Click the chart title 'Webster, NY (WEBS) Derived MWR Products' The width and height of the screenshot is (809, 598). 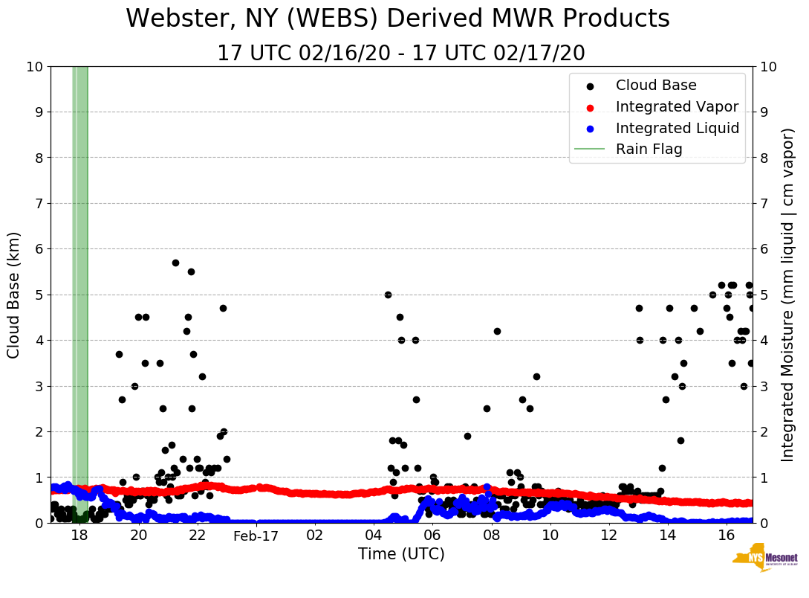click(x=397, y=19)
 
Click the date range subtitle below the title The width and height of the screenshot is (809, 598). click(x=401, y=54)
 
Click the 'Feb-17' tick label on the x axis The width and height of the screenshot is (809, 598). click(x=256, y=536)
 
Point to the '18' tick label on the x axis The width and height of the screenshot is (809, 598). click(x=79, y=536)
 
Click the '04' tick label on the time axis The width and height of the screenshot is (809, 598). click(x=373, y=536)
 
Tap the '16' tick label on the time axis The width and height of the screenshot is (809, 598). click(x=726, y=536)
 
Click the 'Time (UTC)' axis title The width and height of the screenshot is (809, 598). click(x=401, y=554)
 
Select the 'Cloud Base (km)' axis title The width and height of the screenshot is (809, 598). click(x=14, y=295)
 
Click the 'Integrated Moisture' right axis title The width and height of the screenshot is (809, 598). click(x=788, y=295)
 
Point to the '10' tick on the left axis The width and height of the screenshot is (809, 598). click(x=34, y=67)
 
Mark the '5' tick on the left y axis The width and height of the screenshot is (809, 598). click(x=39, y=295)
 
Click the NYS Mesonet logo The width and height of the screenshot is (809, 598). click(x=764, y=560)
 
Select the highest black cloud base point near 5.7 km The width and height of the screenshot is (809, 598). click(x=175, y=263)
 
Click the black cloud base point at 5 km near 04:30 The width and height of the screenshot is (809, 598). click(x=388, y=295)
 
